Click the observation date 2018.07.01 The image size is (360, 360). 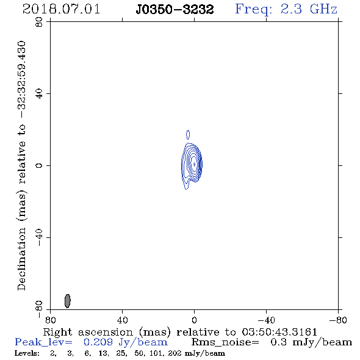61,9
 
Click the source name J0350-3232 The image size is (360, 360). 175,10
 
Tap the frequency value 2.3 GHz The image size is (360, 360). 309,9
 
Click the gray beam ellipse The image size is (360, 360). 68,301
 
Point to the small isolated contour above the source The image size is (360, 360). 188,135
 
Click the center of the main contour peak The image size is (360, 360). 194,164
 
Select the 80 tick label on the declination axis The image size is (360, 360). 39,22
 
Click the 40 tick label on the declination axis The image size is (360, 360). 39,94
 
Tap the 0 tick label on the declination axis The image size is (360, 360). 39,165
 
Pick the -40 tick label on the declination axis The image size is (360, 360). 39,237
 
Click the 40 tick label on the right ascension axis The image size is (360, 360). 123,320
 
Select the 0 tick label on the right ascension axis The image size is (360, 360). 194,320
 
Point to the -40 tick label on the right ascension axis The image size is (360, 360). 266,320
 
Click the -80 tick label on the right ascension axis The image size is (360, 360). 338,320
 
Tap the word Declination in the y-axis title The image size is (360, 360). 21,259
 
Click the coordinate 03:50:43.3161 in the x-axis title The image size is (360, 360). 279,332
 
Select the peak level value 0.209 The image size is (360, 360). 98,342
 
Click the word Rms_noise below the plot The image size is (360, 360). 225,342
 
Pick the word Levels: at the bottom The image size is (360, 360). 27,353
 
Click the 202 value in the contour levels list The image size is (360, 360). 175,353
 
